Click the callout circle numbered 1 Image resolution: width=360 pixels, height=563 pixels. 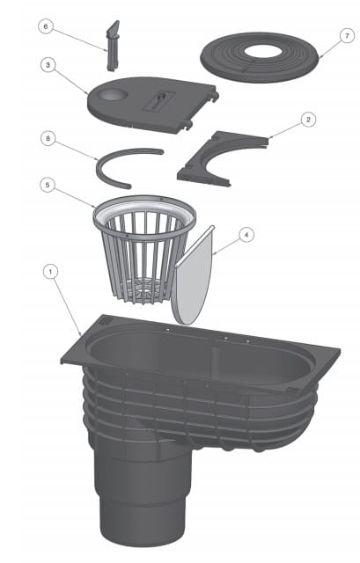pos(50,272)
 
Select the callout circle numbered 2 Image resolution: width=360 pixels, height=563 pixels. pos(308,120)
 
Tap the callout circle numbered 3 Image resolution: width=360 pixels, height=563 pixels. pos(48,65)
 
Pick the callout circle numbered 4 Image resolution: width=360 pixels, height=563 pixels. pos(246,235)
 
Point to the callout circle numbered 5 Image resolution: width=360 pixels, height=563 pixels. pos(48,186)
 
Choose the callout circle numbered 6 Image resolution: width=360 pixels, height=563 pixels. pos(45,27)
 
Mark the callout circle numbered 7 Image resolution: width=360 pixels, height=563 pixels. pos(347,36)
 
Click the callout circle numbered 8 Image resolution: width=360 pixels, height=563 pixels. pos(48,139)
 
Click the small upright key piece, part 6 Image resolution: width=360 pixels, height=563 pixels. pos(112,46)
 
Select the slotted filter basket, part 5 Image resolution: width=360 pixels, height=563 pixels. pos(144,249)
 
